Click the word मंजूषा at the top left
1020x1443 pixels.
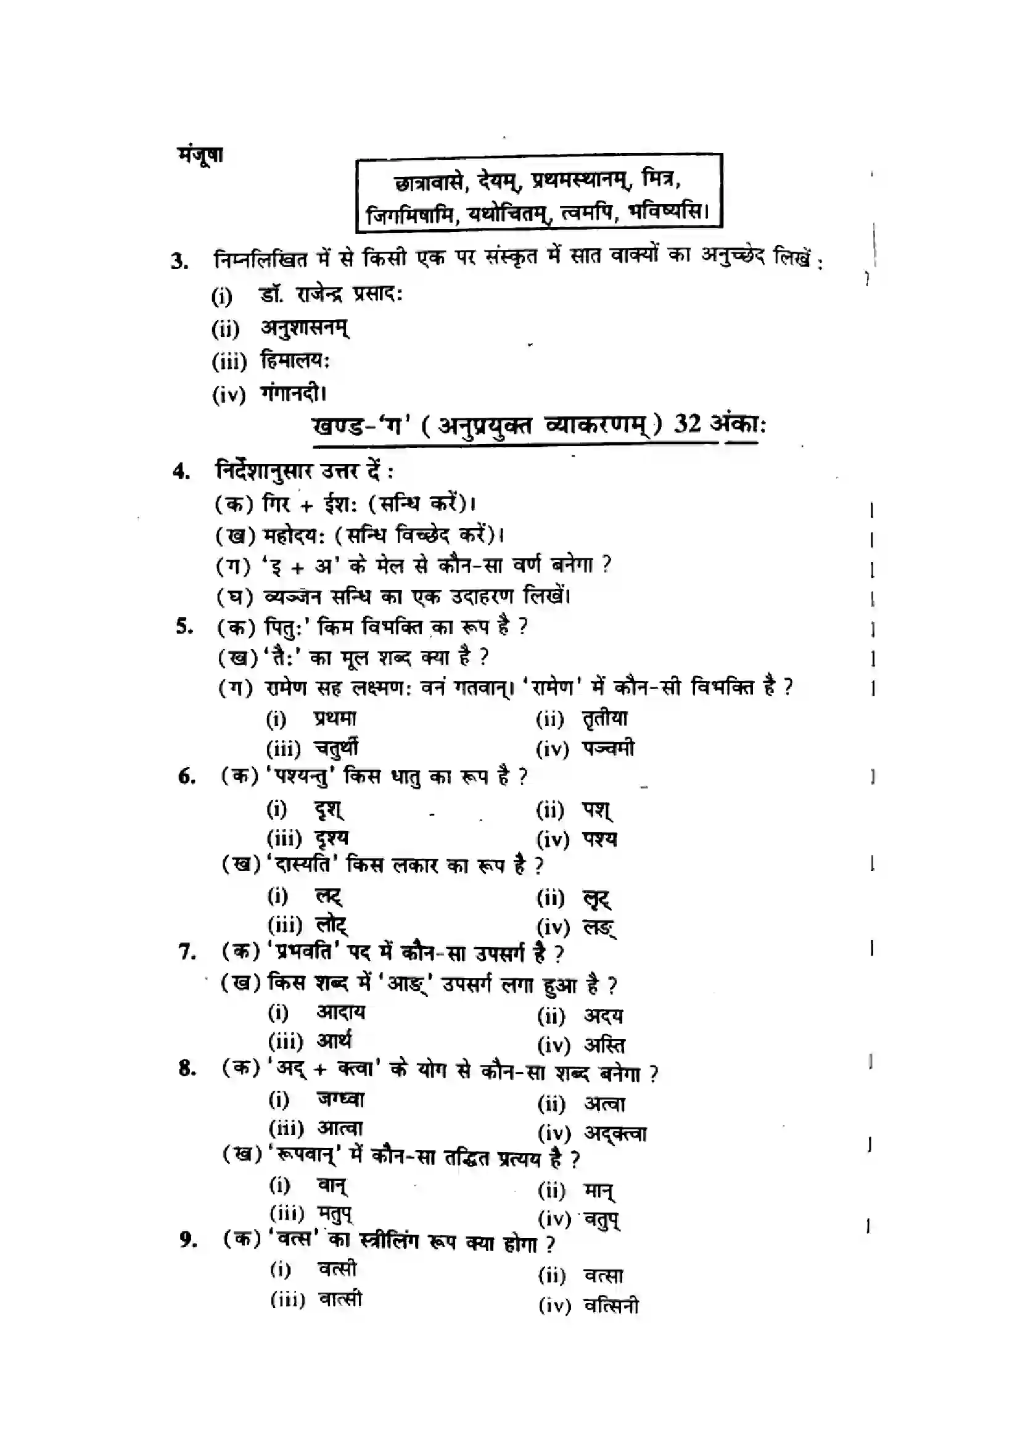click(200, 155)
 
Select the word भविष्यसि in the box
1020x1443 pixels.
click(668, 211)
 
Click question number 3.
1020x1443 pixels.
click(179, 260)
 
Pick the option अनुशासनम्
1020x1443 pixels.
click(305, 328)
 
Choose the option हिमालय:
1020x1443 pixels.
click(295, 361)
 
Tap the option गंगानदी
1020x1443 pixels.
click(294, 394)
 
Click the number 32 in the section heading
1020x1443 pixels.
click(687, 424)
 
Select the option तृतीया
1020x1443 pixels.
click(605, 718)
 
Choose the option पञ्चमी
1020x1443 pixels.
click(608, 748)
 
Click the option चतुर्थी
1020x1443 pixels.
click(336, 748)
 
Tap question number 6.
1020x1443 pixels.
click(186, 777)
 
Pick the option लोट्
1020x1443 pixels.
click(331, 925)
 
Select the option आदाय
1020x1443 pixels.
click(340, 1012)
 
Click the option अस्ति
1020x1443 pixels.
click(604, 1045)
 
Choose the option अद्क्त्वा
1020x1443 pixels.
click(615, 1133)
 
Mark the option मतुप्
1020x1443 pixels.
click(334, 1214)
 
